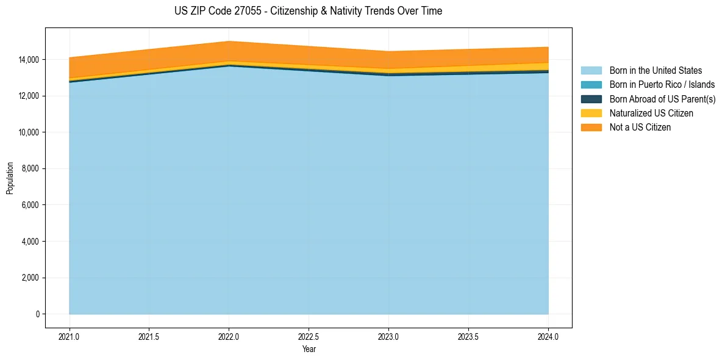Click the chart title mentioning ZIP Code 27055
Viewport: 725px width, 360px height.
pyautogui.click(x=309, y=11)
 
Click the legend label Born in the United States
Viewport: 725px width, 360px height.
pyautogui.click(x=655, y=71)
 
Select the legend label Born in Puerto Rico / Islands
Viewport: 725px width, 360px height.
pyautogui.click(x=662, y=85)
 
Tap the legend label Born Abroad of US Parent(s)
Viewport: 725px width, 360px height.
pyautogui.click(x=662, y=99)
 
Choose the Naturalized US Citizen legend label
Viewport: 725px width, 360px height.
pyautogui.click(x=651, y=113)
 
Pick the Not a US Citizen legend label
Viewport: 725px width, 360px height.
pyautogui.click(x=640, y=128)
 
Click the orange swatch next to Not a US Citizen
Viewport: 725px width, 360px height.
pyautogui.click(x=591, y=128)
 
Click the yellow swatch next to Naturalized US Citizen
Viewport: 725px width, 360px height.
pyautogui.click(x=591, y=113)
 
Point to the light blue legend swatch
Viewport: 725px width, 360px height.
pyautogui.click(x=591, y=71)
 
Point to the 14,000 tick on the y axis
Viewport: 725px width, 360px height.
pyautogui.click(x=29, y=60)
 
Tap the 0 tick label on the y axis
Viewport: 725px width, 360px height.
pyautogui.click(x=37, y=314)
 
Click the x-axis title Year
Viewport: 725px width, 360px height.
pyautogui.click(x=309, y=349)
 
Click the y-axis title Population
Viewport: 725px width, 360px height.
pyautogui.click(x=10, y=178)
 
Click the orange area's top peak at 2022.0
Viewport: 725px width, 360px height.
pyautogui.click(x=229, y=41)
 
